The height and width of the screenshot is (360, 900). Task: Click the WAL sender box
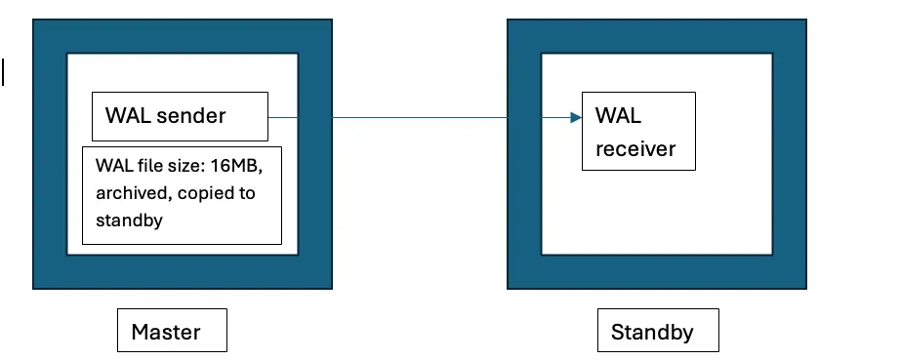[180, 116]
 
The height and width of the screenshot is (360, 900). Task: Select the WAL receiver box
[638, 131]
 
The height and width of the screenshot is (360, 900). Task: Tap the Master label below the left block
[172, 332]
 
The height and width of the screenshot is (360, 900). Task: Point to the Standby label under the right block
[658, 332]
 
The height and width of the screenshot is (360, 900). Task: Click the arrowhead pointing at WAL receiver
[576, 118]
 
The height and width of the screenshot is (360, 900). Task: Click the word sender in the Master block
[191, 116]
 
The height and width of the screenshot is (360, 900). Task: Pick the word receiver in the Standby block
[635, 150]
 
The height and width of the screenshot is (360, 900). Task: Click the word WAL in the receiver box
[618, 117]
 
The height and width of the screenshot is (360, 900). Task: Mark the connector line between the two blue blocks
[420, 118]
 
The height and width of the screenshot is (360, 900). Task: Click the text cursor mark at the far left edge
[3, 72]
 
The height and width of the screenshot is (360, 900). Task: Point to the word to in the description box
[245, 193]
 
